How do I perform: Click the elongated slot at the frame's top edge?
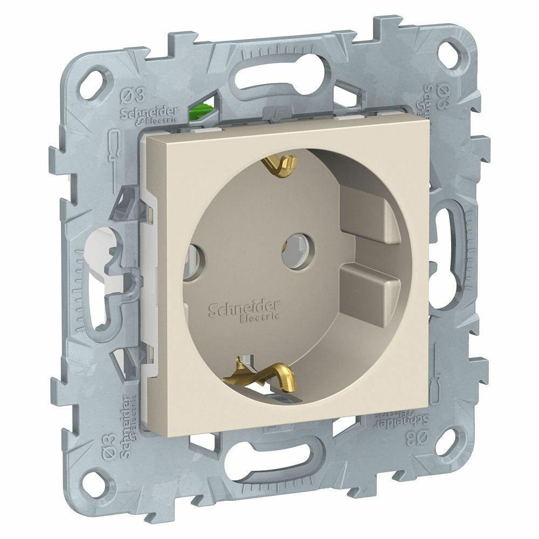[282, 75]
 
